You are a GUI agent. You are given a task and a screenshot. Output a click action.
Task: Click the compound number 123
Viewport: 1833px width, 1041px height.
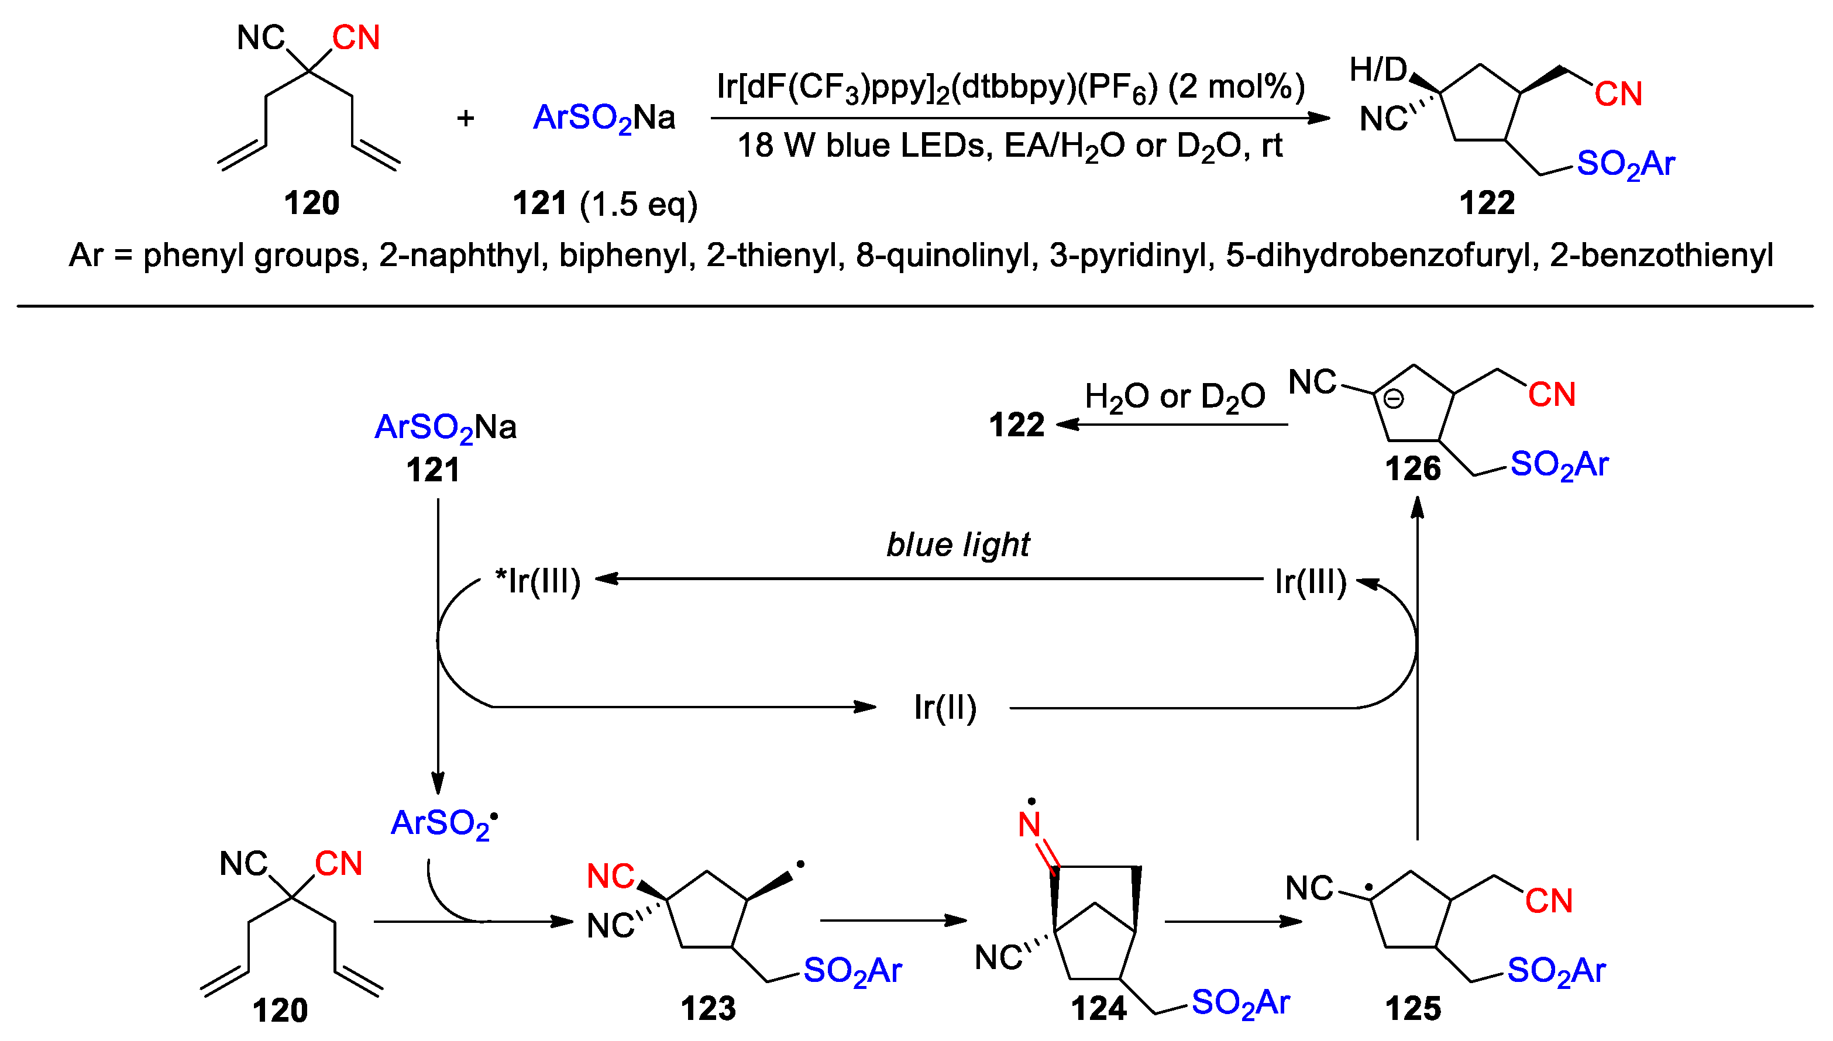pyautogui.click(x=708, y=1009)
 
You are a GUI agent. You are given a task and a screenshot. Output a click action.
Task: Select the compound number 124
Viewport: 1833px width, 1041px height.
pyautogui.click(x=1099, y=1009)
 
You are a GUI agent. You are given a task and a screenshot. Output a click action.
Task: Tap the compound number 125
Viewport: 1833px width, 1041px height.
pyautogui.click(x=1412, y=1009)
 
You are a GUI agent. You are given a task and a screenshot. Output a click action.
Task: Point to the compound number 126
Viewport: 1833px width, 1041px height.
pyautogui.click(x=1412, y=469)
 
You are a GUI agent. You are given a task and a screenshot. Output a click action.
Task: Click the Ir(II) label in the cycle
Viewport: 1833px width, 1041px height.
pyautogui.click(x=945, y=708)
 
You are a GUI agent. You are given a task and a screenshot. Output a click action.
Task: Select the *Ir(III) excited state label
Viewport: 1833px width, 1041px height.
pyautogui.click(x=538, y=581)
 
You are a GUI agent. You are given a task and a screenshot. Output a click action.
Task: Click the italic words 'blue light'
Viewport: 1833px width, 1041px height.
pyautogui.click(x=958, y=545)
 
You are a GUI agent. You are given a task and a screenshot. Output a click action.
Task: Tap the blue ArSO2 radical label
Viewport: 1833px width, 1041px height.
pyautogui.click(x=443, y=823)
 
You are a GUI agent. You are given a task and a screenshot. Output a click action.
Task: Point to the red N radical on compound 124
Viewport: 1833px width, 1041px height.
pyautogui.click(x=1029, y=823)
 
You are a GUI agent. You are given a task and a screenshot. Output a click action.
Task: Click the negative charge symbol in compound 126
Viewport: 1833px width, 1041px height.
pyautogui.click(x=1393, y=398)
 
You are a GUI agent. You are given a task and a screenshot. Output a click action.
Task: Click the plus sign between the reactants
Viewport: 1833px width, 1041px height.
pyautogui.click(x=466, y=118)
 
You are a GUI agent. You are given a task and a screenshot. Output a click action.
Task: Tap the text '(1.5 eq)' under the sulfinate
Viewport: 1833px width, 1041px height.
pyautogui.click(x=639, y=205)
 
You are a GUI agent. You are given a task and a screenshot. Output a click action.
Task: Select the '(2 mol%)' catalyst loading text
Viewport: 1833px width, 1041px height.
pyautogui.click(x=1237, y=87)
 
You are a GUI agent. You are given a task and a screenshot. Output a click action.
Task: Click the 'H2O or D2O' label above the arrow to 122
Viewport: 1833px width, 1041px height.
pyautogui.click(x=1174, y=397)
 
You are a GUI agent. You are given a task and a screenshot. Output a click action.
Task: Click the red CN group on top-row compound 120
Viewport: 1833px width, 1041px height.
pyautogui.click(x=356, y=38)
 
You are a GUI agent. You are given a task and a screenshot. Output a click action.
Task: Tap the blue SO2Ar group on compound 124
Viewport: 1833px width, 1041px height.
pyautogui.click(x=1241, y=1003)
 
